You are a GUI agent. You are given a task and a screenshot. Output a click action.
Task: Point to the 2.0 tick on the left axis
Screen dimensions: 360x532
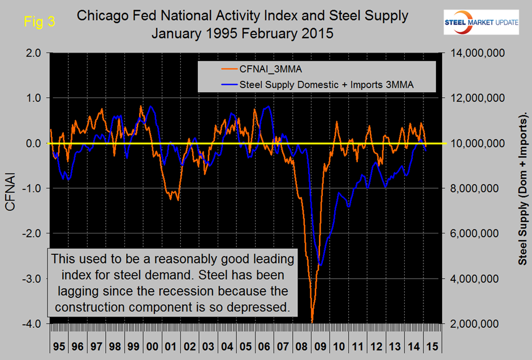(x=32, y=53)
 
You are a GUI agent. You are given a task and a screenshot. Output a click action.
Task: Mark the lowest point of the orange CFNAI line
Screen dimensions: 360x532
(x=312, y=323)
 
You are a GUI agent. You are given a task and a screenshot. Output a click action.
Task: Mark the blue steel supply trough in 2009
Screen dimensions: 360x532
(x=321, y=264)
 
